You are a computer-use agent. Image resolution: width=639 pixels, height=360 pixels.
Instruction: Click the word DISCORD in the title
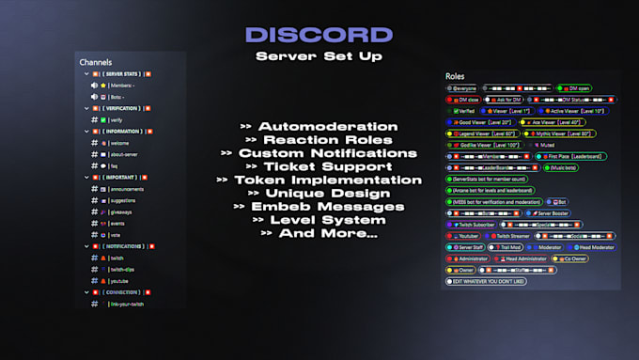click(x=319, y=35)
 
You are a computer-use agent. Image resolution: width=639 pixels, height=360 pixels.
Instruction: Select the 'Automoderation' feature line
click(x=319, y=126)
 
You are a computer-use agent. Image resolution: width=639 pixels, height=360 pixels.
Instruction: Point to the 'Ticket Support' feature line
click(x=319, y=165)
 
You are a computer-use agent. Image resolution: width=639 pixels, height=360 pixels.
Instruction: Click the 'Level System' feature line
click(x=319, y=219)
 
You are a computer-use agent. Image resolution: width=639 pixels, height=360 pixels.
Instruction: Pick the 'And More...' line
click(x=319, y=232)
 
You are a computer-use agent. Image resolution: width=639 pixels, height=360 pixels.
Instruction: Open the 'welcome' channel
click(x=121, y=144)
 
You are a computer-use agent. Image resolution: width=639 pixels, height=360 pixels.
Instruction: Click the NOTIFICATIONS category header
click(x=122, y=246)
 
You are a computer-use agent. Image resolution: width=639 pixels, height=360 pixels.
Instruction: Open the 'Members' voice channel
click(x=125, y=85)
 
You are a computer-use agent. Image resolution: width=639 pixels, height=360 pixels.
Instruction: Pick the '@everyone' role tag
click(x=462, y=88)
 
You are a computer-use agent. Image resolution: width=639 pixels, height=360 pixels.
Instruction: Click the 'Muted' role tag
click(x=549, y=145)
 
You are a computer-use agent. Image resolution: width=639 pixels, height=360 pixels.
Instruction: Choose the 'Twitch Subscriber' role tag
click(x=475, y=225)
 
